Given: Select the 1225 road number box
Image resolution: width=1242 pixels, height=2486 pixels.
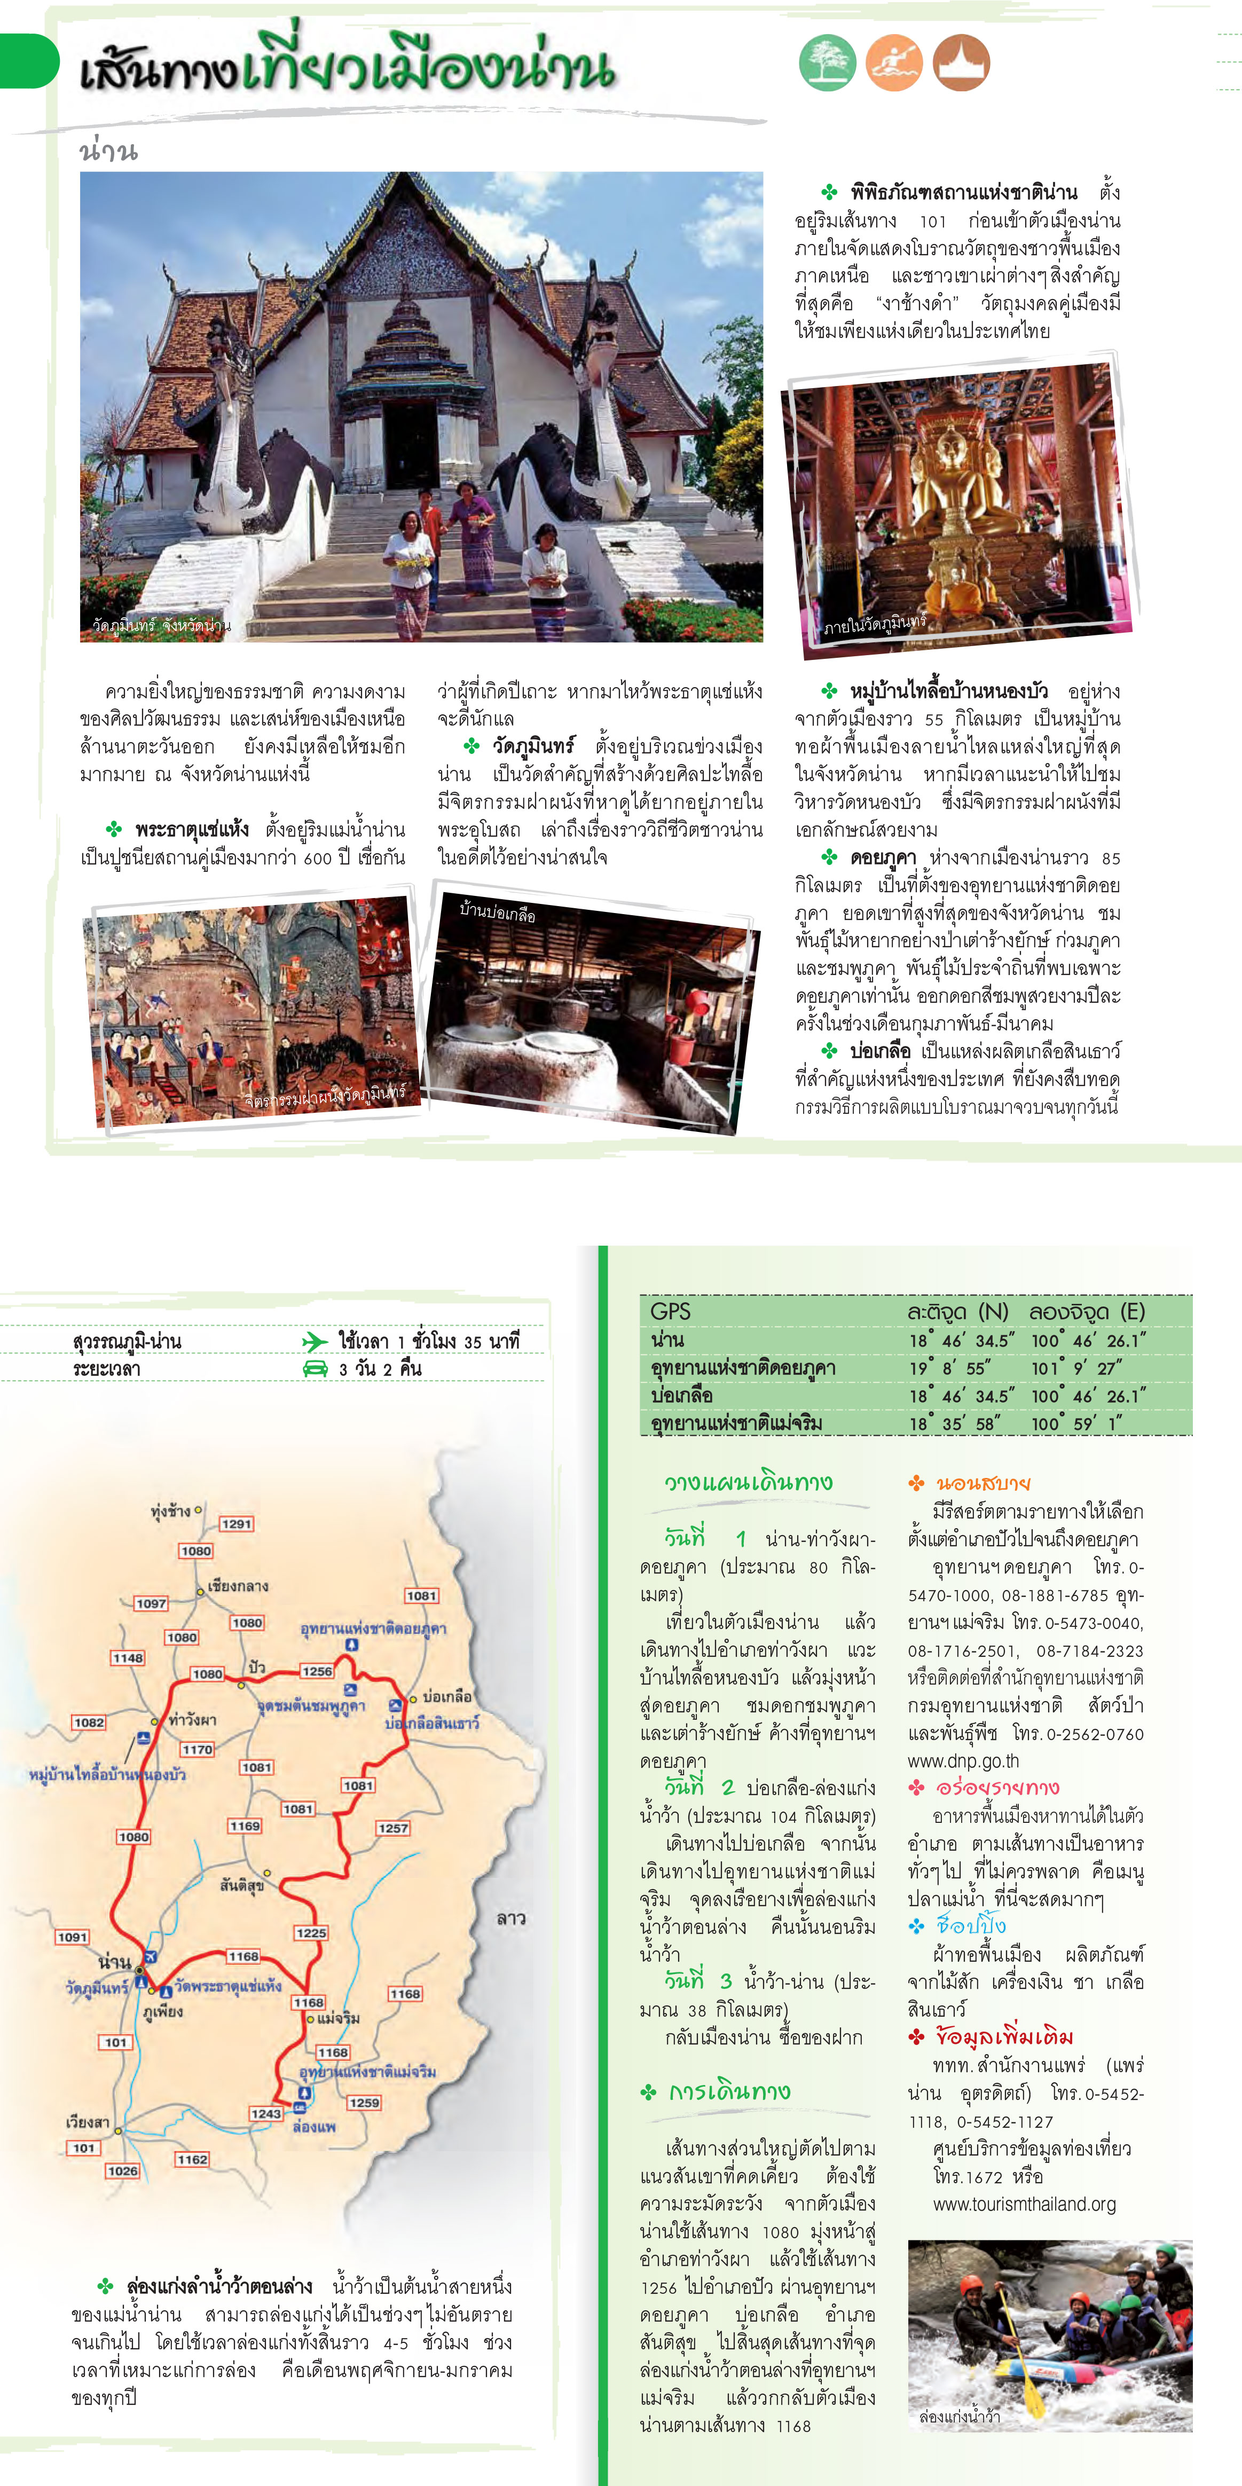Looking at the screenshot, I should [311, 1932].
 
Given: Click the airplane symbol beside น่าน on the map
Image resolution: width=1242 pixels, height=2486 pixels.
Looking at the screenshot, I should [150, 1956].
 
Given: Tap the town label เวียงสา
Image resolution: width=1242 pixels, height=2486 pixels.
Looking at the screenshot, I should [87, 2121].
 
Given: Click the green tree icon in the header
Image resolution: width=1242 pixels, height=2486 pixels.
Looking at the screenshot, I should [827, 62].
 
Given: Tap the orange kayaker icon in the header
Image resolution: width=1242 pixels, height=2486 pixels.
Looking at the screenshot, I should [894, 62].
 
